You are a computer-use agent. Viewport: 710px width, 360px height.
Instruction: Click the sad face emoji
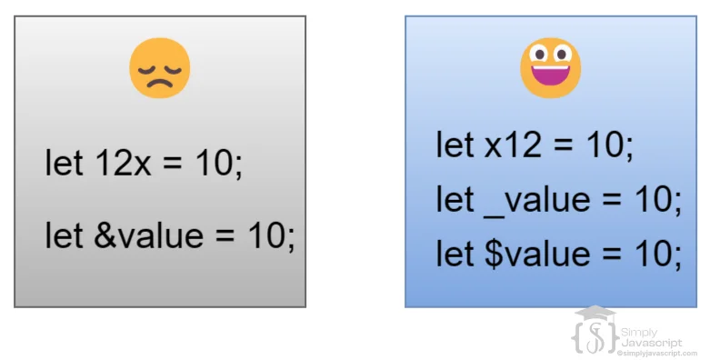(159, 68)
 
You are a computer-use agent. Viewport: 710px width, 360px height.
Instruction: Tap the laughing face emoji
(551, 68)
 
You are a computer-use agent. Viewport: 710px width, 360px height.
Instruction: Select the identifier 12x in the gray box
(123, 163)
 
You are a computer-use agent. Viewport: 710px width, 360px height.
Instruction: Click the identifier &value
(148, 235)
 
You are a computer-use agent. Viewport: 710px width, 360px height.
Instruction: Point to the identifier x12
(513, 145)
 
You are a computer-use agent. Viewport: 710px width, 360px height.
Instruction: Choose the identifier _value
(537, 200)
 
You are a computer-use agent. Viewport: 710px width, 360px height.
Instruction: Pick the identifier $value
(537, 254)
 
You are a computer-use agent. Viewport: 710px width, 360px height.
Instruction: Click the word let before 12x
(64, 163)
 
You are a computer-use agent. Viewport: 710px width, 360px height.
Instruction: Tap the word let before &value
(64, 235)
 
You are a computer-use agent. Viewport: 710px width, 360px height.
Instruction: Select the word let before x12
(455, 145)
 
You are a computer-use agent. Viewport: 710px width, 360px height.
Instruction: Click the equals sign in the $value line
(611, 254)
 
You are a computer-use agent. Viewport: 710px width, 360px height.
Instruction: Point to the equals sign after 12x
(172, 164)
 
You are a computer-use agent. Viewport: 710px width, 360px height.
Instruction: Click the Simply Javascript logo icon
(595, 330)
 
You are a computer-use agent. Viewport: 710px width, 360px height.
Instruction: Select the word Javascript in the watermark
(651, 343)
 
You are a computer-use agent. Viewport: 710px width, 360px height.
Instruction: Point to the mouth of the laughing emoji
(551, 75)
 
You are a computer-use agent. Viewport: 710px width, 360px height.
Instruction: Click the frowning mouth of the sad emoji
(159, 83)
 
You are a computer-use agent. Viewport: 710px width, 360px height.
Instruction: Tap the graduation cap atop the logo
(595, 312)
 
